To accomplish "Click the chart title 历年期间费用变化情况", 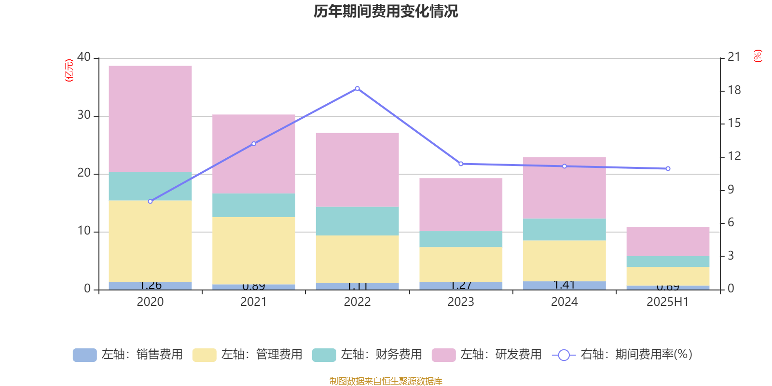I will [x=386, y=12].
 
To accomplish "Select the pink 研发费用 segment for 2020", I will [x=150, y=118].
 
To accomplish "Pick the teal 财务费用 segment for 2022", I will [x=357, y=221].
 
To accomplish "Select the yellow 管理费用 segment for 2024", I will [x=564, y=261].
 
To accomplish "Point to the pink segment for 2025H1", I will [x=668, y=241].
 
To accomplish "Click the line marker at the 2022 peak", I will [x=357, y=88].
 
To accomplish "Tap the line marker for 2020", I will [x=150, y=201].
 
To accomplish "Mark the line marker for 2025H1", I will [x=668, y=169].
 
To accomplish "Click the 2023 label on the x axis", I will [x=461, y=302].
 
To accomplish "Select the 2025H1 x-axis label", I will [x=668, y=302].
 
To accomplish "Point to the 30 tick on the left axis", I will [x=84, y=115].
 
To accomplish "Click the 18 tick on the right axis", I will [x=734, y=90].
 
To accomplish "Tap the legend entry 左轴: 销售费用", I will [x=128, y=355].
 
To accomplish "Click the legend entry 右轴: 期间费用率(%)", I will [x=622, y=355].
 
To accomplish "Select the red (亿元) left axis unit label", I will [x=69, y=70].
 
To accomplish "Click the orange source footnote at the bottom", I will [x=386, y=381].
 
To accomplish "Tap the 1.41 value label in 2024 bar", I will [x=564, y=285].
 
